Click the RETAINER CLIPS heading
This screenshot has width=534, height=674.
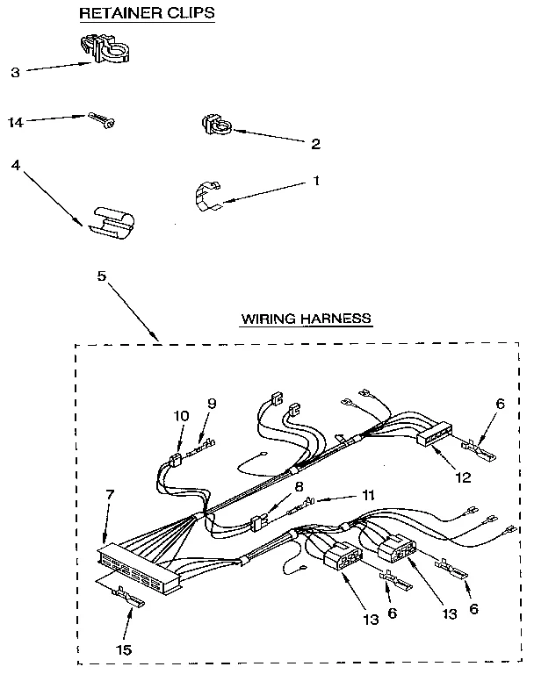tap(147, 13)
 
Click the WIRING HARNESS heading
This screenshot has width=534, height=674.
tap(307, 319)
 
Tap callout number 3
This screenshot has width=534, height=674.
tap(15, 73)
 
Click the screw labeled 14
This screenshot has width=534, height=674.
tap(99, 119)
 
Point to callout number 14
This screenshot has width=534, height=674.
tap(15, 122)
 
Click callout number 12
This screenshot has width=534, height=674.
tap(463, 477)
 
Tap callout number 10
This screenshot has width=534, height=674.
tap(182, 414)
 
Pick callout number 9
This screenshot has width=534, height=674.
tap(211, 405)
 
